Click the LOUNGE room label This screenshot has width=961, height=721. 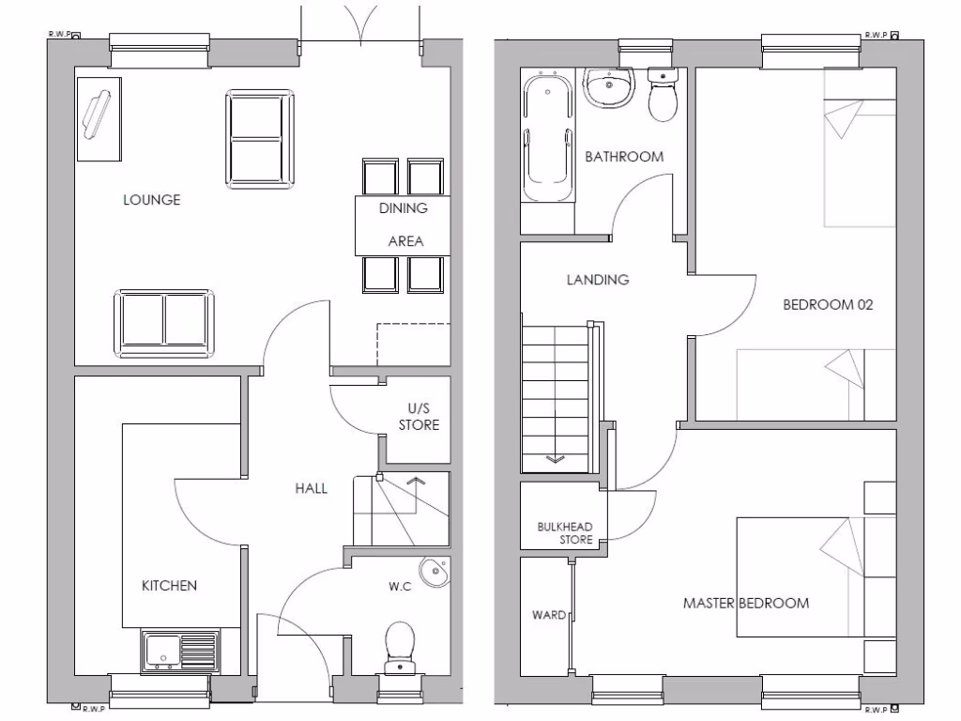click(151, 200)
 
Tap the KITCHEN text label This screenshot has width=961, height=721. click(169, 586)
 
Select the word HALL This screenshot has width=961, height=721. click(311, 488)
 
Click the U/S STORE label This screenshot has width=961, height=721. click(419, 417)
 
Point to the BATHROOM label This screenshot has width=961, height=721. click(624, 157)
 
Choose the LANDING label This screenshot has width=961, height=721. click(597, 280)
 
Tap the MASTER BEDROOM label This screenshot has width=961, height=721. click(745, 603)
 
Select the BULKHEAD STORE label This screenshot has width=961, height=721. click(563, 533)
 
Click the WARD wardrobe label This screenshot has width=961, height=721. click(548, 616)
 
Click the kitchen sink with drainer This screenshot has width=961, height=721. click(179, 651)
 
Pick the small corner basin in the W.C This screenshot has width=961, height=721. click(435, 572)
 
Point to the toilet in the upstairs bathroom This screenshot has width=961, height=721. click(664, 97)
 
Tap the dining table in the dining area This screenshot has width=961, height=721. click(402, 225)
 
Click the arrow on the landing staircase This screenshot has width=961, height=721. click(554, 459)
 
